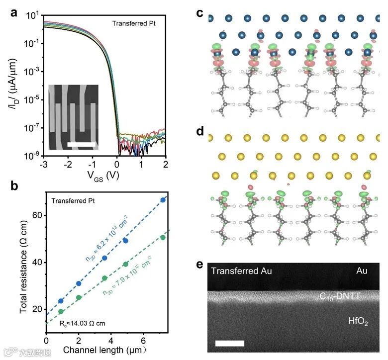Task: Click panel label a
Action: click(x=15, y=13)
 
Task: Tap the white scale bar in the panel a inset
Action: click(x=81, y=144)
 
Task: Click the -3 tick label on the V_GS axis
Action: click(x=44, y=164)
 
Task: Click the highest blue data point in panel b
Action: click(x=163, y=200)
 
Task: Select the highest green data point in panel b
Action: click(x=163, y=237)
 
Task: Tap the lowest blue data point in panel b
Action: click(x=61, y=301)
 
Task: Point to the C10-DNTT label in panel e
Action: click(x=340, y=297)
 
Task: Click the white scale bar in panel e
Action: click(x=230, y=343)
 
